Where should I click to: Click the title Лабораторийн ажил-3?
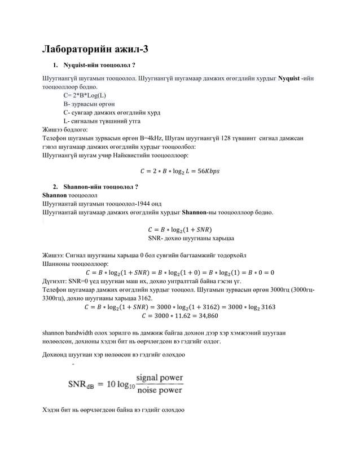(x=96, y=49)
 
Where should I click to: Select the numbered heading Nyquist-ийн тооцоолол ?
(x=99, y=65)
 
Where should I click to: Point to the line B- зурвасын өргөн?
(x=89, y=104)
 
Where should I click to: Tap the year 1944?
(x=138, y=204)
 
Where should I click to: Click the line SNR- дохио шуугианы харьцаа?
(x=191, y=238)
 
